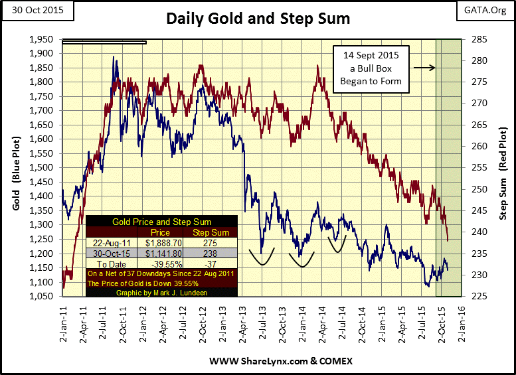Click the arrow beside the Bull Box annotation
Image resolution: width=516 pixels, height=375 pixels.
pos(424,68)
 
